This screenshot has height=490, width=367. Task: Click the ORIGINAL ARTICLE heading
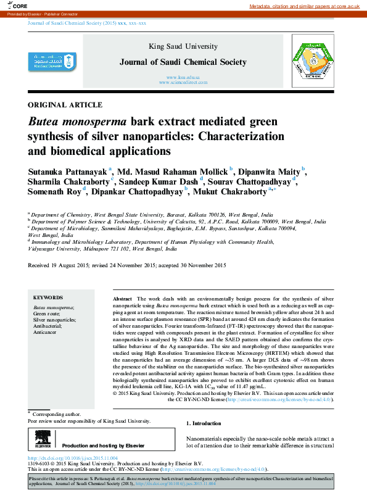click(x=65, y=104)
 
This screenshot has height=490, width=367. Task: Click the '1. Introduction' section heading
click(x=203, y=423)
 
